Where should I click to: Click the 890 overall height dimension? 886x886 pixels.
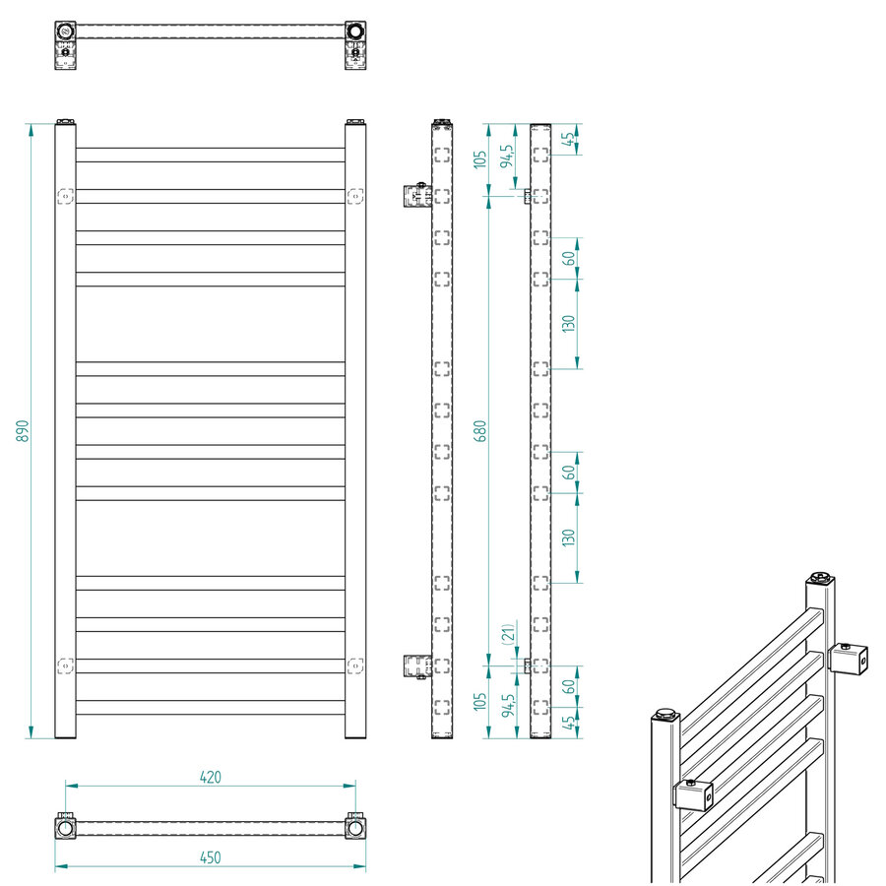coord(23,430)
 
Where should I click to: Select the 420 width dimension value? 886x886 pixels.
coord(210,777)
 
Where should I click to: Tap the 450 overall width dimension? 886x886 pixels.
coord(210,857)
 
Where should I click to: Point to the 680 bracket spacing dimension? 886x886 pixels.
coord(480,430)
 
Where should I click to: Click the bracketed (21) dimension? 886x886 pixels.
coord(507,634)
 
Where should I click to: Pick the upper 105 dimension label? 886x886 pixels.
coord(480,159)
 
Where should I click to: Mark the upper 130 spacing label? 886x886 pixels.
coord(568,324)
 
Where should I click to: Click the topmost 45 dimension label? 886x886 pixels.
coord(568,139)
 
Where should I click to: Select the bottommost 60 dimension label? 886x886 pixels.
coord(568,685)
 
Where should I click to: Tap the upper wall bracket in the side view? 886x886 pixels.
coord(416,196)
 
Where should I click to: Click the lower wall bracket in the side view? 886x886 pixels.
coord(416,666)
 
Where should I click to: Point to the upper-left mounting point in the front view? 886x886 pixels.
coord(66,196)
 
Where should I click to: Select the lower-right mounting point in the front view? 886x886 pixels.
coord(353,666)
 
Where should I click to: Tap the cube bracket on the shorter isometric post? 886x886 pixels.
coord(693,793)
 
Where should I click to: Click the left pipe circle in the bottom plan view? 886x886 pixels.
coord(66,827)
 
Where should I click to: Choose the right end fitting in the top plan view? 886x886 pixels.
coord(354,32)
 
